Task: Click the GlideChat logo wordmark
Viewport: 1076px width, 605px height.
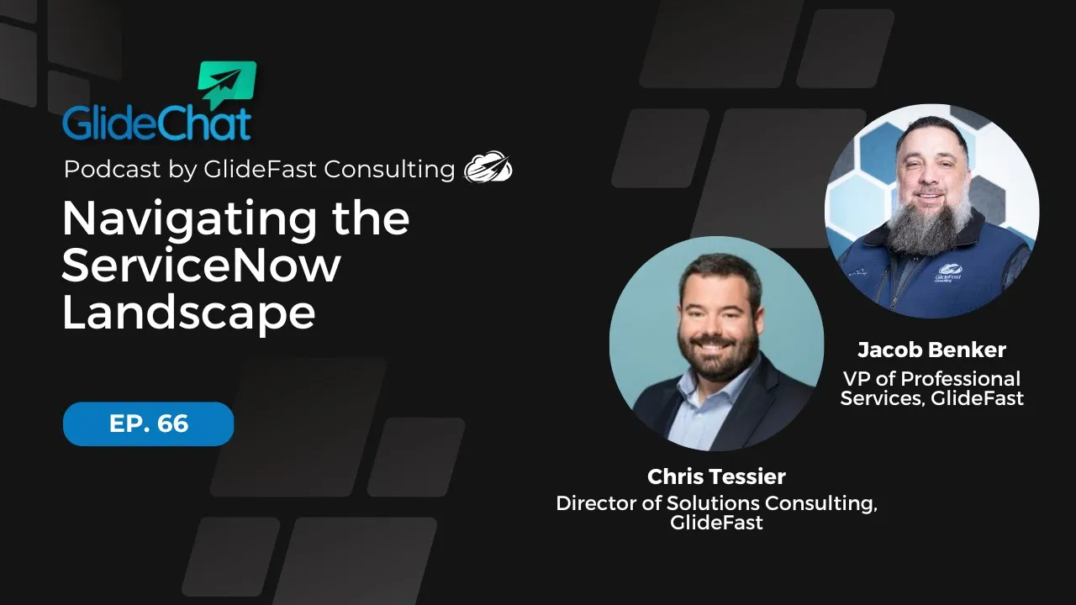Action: pos(156,123)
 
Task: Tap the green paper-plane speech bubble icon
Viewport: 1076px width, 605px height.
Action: pos(226,85)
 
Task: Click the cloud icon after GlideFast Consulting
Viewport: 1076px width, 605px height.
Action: pos(488,168)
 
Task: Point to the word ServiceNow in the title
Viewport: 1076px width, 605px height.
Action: pos(201,266)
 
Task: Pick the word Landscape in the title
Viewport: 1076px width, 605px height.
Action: pos(188,313)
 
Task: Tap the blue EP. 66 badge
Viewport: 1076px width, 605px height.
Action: pos(148,423)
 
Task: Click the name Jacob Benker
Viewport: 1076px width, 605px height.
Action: pos(931,350)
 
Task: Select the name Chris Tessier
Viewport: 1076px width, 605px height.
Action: pos(716,476)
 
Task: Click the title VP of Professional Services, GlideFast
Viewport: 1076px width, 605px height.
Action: pos(931,388)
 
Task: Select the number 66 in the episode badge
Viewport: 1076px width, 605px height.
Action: pos(172,423)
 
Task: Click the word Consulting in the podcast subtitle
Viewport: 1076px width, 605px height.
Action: pos(389,169)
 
